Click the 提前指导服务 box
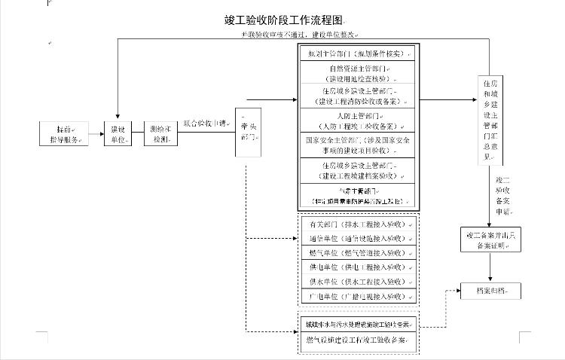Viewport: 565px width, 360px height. (65, 134)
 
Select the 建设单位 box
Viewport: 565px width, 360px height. (118, 134)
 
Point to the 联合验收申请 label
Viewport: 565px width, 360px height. (205, 123)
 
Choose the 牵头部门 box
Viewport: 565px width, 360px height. (248, 133)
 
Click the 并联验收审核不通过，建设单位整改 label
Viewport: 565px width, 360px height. (299, 35)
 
